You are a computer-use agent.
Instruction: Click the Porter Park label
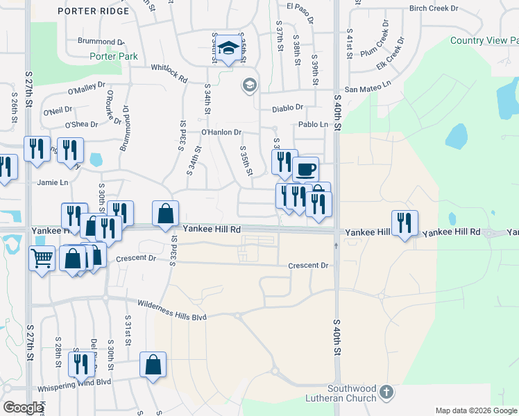pyautogui.click(x=113, y=56)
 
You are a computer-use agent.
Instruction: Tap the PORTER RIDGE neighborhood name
pyautogui.click(x=103, y=11)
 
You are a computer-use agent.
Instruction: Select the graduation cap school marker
pyautogui.click(x=227, y=48)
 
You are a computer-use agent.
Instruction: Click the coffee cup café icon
pyautogui.click(x=305, y=169)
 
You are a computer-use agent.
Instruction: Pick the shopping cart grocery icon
pyautogui.click(x=42, y=258)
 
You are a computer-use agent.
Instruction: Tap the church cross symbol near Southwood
pyautogui.click(x=386, y=393)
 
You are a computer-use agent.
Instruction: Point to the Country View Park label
pyautogui.click(x=484, y=40)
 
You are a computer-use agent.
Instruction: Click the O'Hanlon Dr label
pyautogui.click(x=221, y=132)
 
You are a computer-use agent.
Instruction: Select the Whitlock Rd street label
pyautogui.click(x=169, y=69)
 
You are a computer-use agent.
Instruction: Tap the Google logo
pyautogui.click(x=23, y=408)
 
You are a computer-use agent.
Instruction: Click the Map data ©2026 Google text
pyautogui.click(x=475, y=410)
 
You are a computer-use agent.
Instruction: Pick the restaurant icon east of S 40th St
pyautogui.click(x=405, y=223)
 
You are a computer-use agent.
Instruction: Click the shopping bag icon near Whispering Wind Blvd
pyautogui.click(x=153, y=364)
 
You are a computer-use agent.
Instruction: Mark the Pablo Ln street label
pyautogui.click(x=313, y=124)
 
